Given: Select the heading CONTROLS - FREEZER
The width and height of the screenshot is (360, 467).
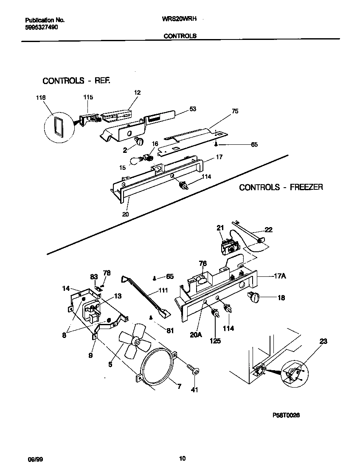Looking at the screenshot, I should point(281,187).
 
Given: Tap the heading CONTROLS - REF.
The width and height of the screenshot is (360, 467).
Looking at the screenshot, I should point(76,81).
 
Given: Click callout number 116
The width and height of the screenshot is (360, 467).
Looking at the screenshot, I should point(41,98).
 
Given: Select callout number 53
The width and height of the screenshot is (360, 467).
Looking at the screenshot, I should point(192,109).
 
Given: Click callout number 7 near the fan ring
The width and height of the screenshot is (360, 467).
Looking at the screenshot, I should point(179,386).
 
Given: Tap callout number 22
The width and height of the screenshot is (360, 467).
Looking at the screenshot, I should point(268,230).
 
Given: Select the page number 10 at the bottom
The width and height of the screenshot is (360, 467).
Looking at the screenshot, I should point(182,458).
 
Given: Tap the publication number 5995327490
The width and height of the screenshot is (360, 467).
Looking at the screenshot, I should point(42,27).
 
